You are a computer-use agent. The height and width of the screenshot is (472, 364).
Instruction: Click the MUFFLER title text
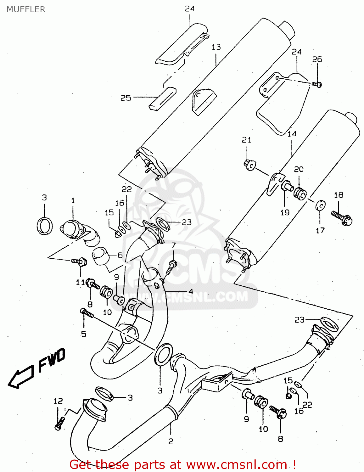point(26,9)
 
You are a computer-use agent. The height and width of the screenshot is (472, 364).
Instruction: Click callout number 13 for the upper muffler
point(216,47)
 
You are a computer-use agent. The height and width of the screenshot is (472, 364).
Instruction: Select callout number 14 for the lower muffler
point(292,134)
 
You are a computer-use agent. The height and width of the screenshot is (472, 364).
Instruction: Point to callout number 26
point(317,59)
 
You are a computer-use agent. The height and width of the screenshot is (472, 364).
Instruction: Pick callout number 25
point(126,98)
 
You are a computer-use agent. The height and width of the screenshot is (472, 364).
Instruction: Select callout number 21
point(247,140)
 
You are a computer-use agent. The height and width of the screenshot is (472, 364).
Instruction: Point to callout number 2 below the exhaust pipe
point(171,441)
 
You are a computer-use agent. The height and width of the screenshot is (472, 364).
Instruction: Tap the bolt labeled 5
point(87,313)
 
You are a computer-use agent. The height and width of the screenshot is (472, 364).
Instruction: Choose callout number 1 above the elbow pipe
point(73,200)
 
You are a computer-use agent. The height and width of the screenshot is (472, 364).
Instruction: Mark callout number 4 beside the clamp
point(190,291)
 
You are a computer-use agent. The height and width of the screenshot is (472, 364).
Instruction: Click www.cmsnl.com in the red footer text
point(236,464)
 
